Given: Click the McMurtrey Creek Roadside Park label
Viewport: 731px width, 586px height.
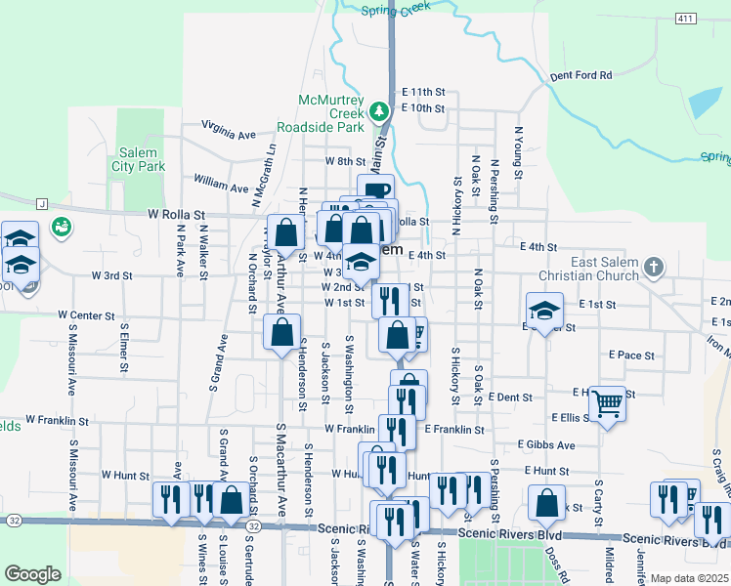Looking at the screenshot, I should pyautogui.click(x=332, y=113).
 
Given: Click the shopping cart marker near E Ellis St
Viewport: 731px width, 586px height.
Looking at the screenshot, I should pyautogui.click(x=608, y=402).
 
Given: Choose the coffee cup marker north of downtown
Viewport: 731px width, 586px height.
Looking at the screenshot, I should pyautogui.click(x=375, y=190).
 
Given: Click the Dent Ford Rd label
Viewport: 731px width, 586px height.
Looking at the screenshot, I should pyautogui.click(x=580, y=74).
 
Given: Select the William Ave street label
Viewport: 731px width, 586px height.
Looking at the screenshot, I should pyautogui.click(x=221, y=183).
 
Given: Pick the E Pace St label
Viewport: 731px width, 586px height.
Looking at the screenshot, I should pyautogui.click(x=630, y=355).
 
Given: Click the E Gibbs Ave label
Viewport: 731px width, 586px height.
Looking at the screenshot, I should pyautogui.click(x=547, y=444).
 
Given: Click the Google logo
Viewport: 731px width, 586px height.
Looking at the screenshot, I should pyautogui.click(x=32, y=574).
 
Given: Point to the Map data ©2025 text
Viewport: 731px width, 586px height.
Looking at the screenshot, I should pyautogui.click(x=688, y=578).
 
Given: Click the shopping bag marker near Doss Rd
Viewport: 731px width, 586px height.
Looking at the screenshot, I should pyautogui.click(x=547, y=502).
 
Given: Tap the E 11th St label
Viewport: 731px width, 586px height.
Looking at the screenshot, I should pyautogui.click(x=423, y=91).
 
